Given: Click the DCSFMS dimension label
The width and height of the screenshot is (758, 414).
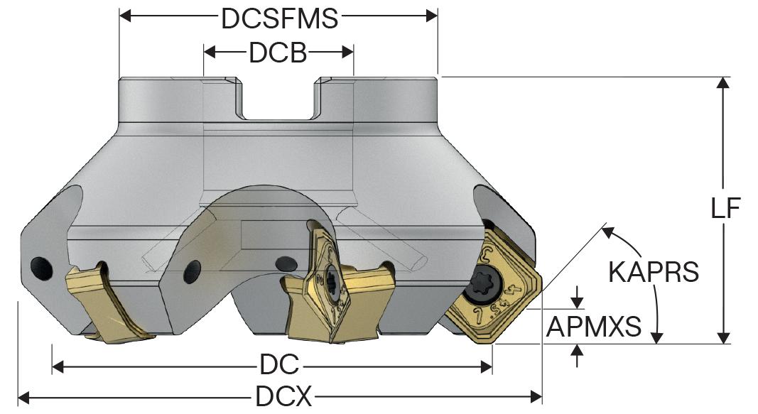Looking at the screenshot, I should [x=278, y=19].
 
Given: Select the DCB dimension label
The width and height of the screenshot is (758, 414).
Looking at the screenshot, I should [x=278, y=53].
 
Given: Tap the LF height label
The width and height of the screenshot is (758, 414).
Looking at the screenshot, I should [x=726, y=208].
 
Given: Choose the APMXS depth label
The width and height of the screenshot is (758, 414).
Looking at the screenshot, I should [x=594, y=327].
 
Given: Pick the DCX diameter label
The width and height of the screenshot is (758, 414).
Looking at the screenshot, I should [x=283, y=396].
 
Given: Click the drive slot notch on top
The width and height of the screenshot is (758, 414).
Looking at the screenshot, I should [x=278, y=99].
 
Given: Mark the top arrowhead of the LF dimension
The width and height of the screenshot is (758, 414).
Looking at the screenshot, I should [x=723, y=82].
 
